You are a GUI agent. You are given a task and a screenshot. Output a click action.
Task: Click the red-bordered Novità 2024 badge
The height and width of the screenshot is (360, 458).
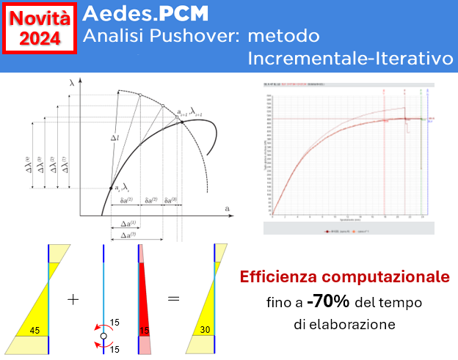(x=40, y=29)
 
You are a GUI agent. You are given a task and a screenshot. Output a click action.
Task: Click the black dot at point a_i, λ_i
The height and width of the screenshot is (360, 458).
(x=112, y=188)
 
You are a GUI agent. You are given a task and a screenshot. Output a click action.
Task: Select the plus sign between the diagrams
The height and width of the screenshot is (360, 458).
(x=73, y=300)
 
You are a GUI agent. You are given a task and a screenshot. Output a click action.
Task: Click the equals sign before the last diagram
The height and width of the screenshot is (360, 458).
(x=173, y=300)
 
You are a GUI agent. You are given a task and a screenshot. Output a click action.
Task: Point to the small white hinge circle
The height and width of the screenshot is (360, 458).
(x=103, y=336)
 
